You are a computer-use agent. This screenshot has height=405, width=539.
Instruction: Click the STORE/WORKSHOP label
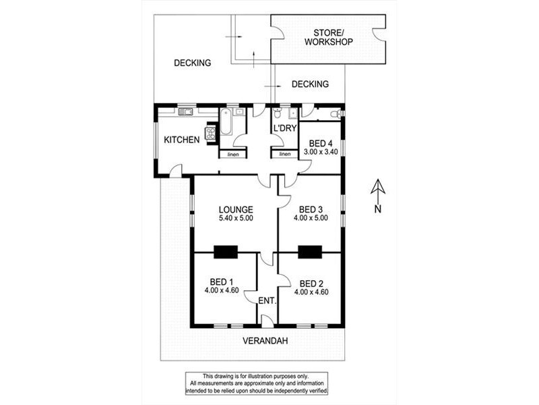tap(328, 37)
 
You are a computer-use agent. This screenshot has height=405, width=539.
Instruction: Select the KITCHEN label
tap(182, 140)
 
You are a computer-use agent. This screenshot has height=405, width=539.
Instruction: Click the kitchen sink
tap(185, 111)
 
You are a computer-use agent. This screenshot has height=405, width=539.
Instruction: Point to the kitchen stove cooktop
tap(210, 132)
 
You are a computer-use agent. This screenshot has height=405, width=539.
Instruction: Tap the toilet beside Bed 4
tap(334, 114)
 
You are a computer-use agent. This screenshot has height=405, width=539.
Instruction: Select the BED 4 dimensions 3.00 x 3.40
tap(319, 153)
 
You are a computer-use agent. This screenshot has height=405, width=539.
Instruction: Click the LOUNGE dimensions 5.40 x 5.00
tap(235, 219)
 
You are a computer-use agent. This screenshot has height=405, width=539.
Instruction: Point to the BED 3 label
tap(311, 209)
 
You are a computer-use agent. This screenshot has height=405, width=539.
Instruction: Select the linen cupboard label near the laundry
tap(284, 155)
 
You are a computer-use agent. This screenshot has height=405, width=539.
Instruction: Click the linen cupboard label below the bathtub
tap(233, 155)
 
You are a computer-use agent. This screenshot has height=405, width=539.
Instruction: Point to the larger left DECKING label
tap(193, 63)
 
